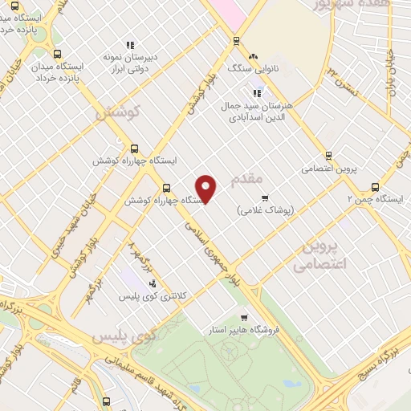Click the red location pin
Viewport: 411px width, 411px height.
click(207, 188)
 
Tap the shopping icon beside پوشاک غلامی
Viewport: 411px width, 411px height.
click(265, 197)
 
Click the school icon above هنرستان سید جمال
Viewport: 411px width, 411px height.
click(257, 92)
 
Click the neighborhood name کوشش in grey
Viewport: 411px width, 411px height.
click(118, 113)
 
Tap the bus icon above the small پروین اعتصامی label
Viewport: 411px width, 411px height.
click(328, 156)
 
